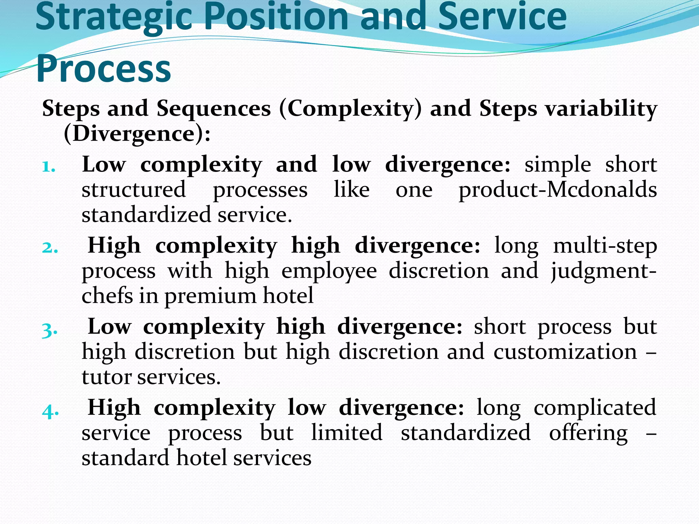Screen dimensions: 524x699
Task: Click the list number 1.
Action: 48,167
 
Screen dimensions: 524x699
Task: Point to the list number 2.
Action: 50,248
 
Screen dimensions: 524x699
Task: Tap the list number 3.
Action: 49,330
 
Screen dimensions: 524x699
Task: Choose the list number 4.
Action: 50,411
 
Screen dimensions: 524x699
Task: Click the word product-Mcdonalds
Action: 557,190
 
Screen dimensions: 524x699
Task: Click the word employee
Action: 329,271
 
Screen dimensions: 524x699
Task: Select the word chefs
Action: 107,295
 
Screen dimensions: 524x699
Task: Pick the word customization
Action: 565,352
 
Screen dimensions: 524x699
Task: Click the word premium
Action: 210,296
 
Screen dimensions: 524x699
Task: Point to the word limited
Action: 347,433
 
